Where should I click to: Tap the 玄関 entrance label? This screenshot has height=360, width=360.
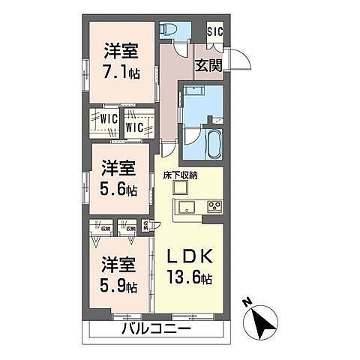208,66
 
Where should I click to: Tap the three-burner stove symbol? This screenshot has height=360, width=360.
213,206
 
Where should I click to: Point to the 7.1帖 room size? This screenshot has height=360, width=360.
119,73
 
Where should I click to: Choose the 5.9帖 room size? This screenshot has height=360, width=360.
119,286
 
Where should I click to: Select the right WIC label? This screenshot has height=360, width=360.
135,127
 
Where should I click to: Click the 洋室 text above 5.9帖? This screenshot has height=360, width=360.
119,265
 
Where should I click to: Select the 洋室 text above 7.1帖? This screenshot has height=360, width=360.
119,52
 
